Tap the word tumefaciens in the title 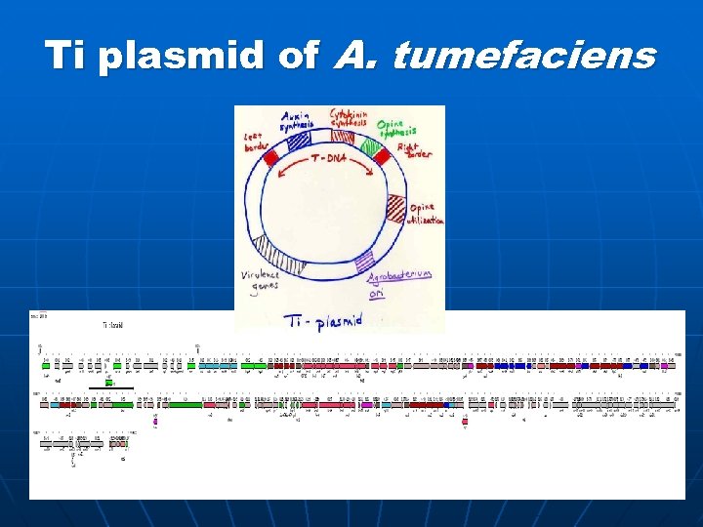(524, 56)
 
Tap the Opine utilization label (424, 214)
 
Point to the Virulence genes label (260, 280)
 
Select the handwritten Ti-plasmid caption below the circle (323, 319)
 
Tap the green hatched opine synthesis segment (370, 147)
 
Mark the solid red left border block (270, 154)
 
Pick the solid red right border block (382, 155)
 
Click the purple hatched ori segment (364, 261)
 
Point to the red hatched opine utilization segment (394, 207)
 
